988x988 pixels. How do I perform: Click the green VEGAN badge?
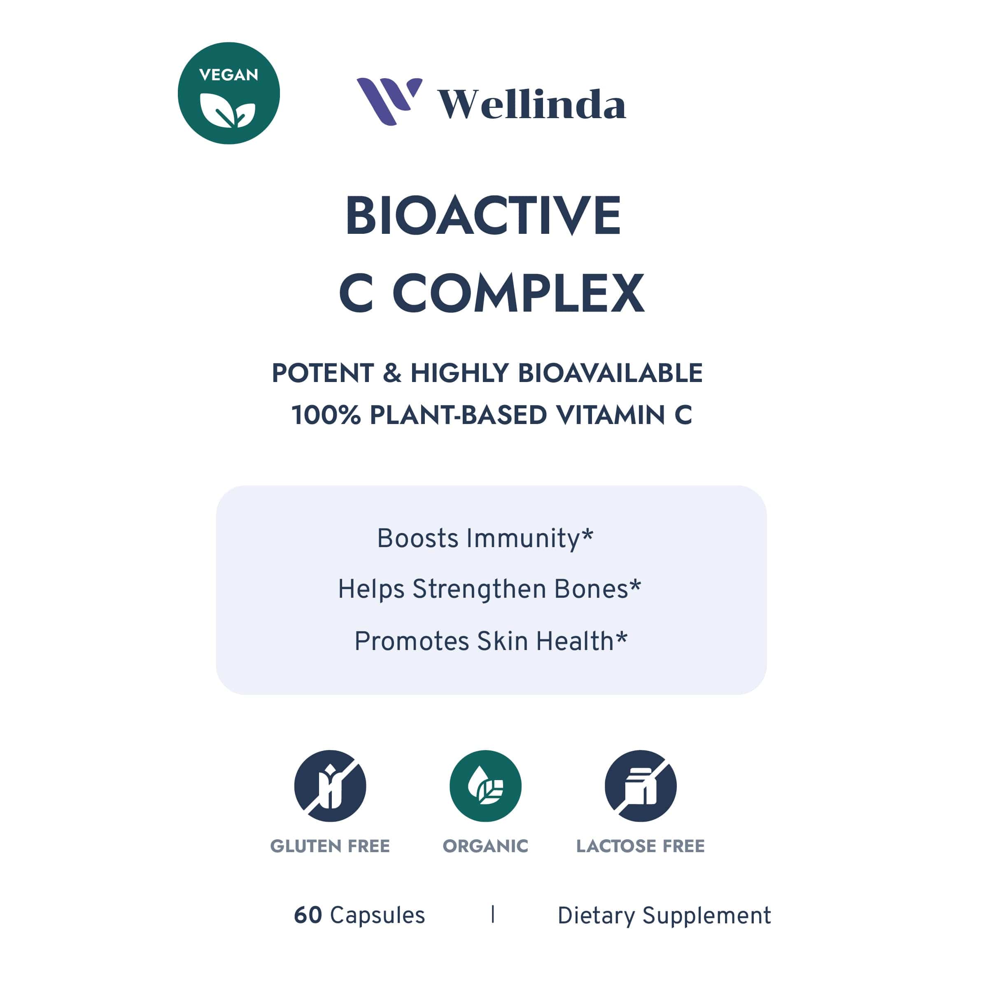click(x=228, y=93)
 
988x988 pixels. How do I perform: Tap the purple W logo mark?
click(x=389, y=101)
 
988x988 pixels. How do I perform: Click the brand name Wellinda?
click(x=532, y=104)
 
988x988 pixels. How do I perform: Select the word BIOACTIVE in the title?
click(x=483, y=216)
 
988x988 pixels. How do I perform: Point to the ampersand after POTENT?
click(x=392, y=373)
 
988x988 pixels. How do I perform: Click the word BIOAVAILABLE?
click(x=610, y=373)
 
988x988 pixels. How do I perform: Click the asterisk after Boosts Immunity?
click(x=587, y=534)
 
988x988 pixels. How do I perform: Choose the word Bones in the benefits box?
click(x=591, y=589)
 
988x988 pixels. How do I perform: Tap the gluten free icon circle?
click(x=330, y=786)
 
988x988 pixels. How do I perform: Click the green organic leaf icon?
click(x=485, y=786)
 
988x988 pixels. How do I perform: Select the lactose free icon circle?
click(x=641, y=786)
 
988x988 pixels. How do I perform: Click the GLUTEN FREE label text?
click(x=330, y=846)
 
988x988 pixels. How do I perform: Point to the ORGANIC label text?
click(x=485, y=846)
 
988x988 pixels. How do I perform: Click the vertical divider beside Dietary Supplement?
click(x=492, y=914)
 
